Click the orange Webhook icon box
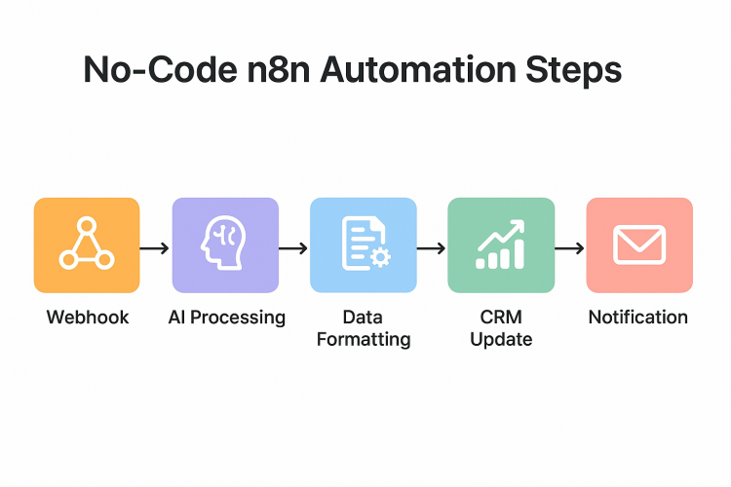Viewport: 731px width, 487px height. click(87, 244)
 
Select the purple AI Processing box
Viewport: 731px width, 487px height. click(225, 244)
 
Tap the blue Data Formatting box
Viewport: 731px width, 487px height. click(363, 244)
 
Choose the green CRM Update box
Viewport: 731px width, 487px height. click(501, 244)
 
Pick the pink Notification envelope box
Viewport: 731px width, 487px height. click(639, 244)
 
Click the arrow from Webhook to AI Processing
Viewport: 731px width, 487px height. click(155, 249)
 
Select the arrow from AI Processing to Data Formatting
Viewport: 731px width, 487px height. click(293, 249)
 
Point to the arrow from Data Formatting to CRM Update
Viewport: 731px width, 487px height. click(431, 249)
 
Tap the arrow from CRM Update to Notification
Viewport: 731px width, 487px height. click(569, 249)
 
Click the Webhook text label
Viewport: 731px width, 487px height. click(87, 318)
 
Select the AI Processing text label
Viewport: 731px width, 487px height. click(225, 318)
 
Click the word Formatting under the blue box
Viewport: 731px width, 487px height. click(364, 340)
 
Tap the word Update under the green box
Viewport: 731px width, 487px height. click(501, 340)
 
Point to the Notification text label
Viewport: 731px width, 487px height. click(638, 318)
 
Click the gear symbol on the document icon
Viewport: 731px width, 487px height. click(379, 257)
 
